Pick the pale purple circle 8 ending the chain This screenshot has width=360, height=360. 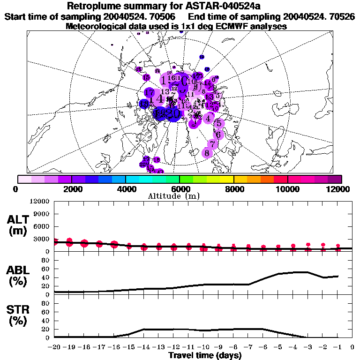207,153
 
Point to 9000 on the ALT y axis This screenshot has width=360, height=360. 43,214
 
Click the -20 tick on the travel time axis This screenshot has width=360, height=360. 54,347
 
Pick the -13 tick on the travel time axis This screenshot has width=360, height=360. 158,347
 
